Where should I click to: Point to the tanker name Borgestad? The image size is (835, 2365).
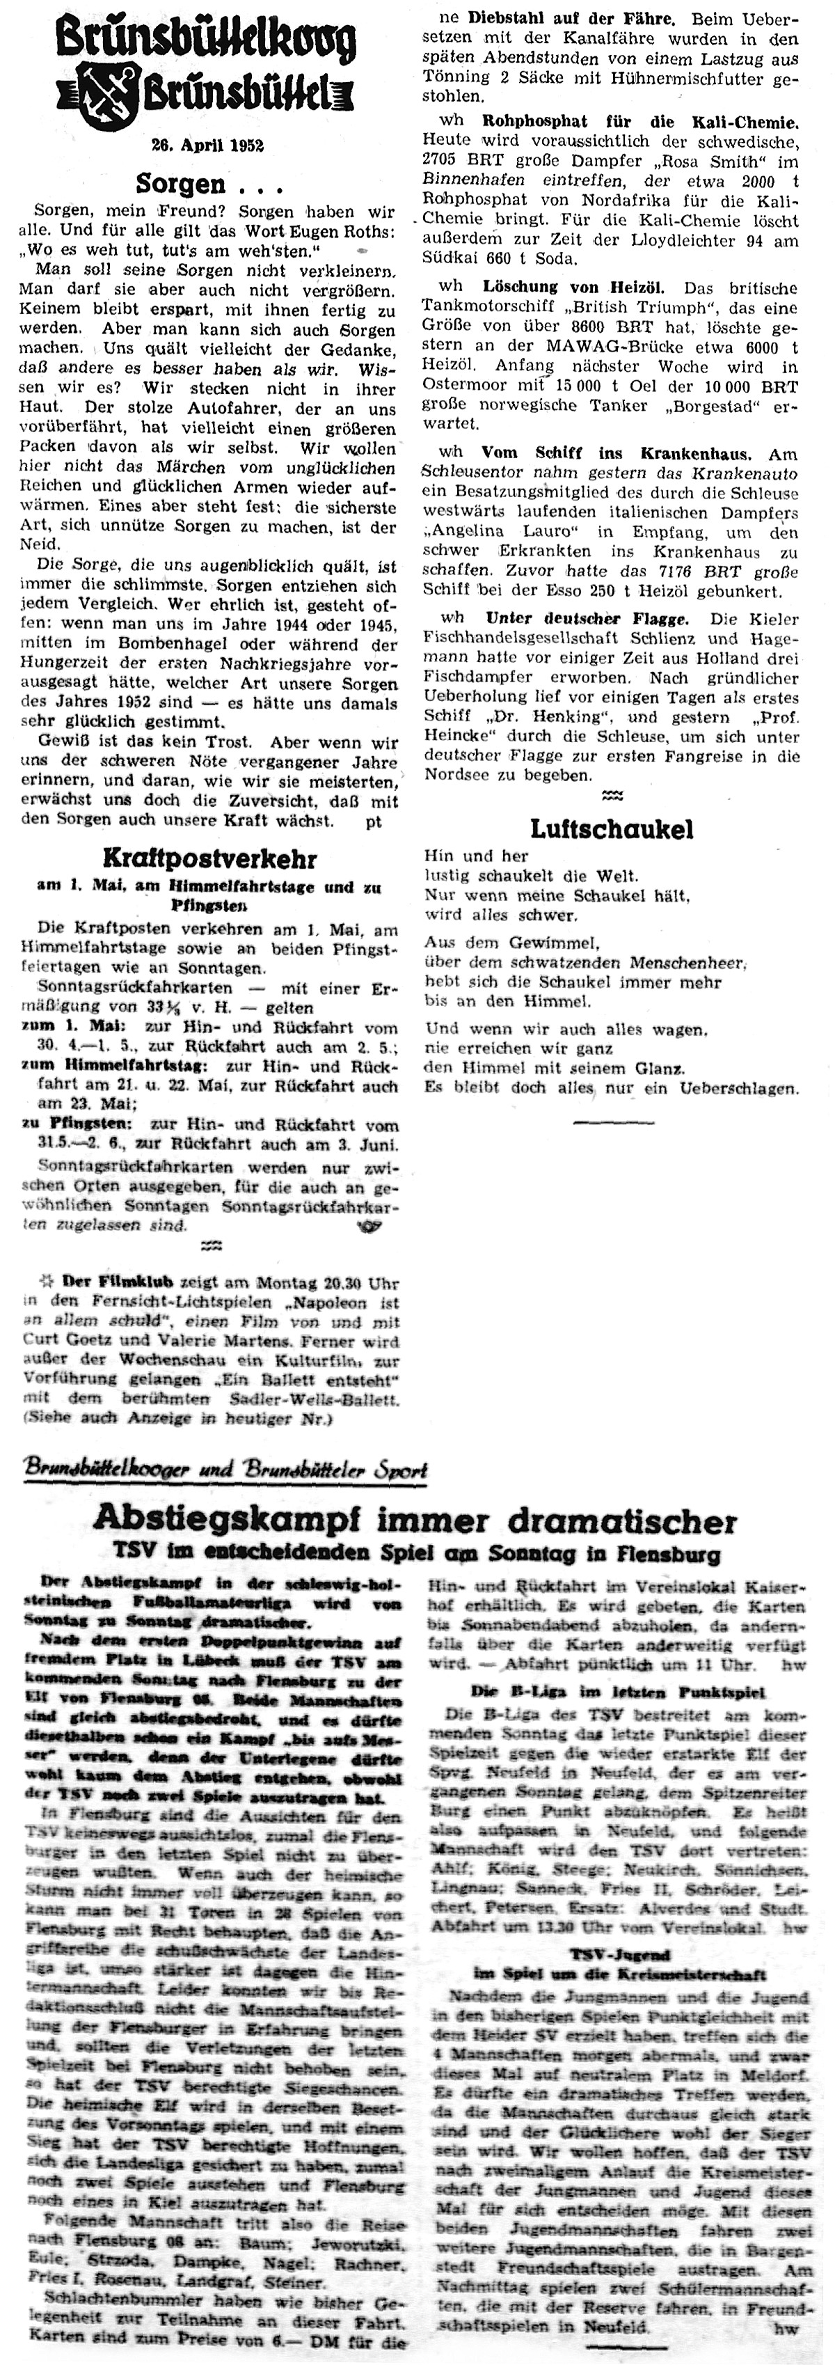coord(697,405)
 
